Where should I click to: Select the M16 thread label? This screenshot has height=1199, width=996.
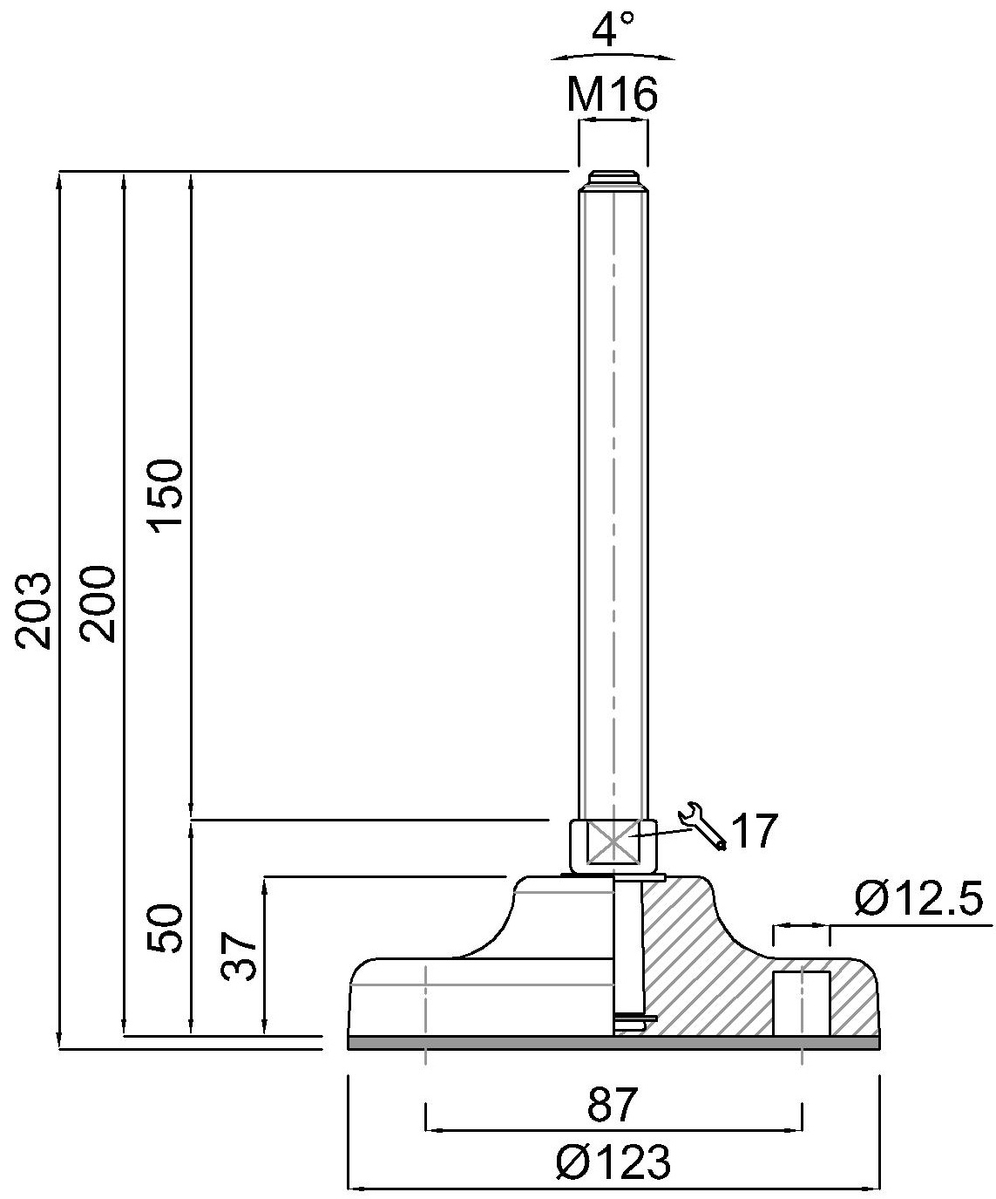pyautogui.click(x=613, y=95)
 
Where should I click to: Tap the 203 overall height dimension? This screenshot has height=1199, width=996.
pyautogui.click(x=33, y=610)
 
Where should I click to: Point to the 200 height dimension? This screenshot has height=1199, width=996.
pyautogui.click(x=98, y=603)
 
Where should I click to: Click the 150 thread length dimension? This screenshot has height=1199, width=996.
pyautogui.click(x=165, y=495)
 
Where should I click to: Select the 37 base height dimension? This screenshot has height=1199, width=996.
pyautogui.click(x=239, y=956)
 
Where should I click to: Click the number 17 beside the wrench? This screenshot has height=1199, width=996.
pyautogui.click(x=755, y=830)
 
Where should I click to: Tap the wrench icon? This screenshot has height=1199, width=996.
pyautogui.click(x=701, y=826)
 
